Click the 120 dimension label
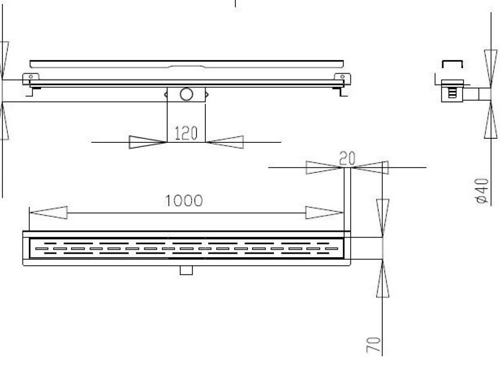(x=186, y=133)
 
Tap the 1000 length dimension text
(x=184, y=201)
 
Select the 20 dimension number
(x=347, y=158)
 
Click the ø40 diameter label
(x=482, y=191)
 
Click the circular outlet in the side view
(x=186, y=94)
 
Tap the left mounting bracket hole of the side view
(x=31, y=76)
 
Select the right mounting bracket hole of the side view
(x=342, y=76)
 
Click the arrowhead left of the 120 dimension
(x=147, y=142)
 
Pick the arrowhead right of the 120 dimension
(x=225, y=142)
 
